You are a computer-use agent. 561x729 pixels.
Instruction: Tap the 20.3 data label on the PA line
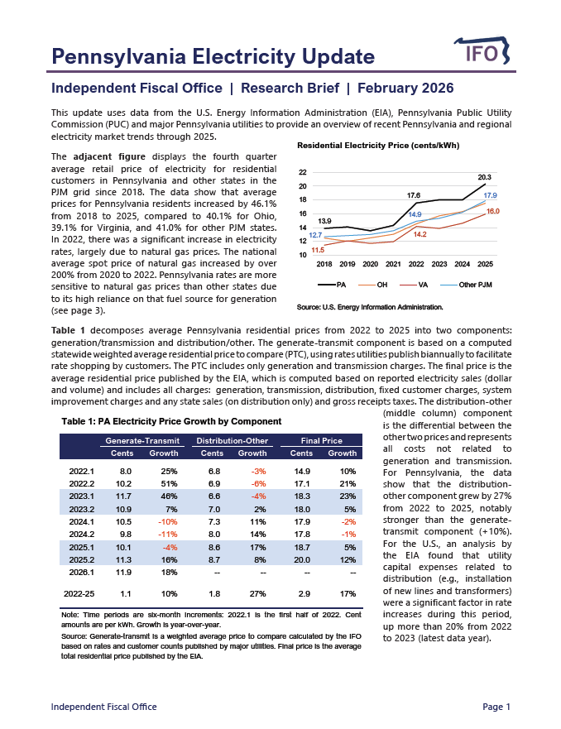tap(485, 178)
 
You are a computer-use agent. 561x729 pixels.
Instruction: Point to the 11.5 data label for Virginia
tap(318, 249)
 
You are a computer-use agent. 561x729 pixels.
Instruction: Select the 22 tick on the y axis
tap(304, 172)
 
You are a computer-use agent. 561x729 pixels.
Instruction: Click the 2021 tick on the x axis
tap(393, 265)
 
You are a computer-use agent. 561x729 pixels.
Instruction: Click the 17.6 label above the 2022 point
tap(415, 195)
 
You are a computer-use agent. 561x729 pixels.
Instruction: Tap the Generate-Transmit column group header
tap(137, 441)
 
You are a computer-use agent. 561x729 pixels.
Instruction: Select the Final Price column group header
tap(321, 441)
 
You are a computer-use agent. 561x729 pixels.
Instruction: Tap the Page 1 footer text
tap(496, 707)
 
